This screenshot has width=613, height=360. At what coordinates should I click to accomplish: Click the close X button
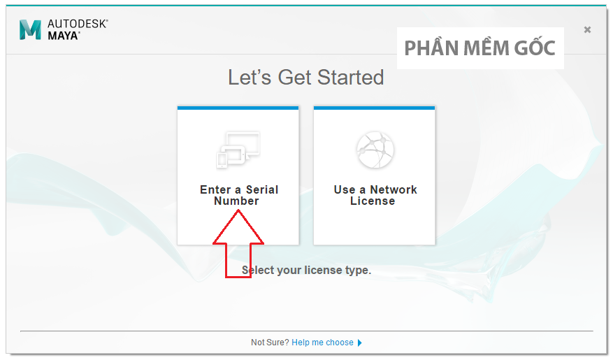(x=587, y=29)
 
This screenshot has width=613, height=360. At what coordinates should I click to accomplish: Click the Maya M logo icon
(x=30, y=29)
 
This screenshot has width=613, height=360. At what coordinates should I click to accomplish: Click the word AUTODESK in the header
(x=77, y=24)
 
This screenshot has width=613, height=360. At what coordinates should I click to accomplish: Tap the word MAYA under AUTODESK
(x=64, y=36)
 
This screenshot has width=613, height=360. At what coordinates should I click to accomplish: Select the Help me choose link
(x=322, y=343)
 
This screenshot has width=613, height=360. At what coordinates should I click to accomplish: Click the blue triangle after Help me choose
(x=360, y=343)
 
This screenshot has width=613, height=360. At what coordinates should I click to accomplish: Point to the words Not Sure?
(x=270, y=343)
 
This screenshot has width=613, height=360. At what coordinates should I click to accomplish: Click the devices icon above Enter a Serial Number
(x=238, y=150)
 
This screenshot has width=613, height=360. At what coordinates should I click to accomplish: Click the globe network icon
(x=375, y=150)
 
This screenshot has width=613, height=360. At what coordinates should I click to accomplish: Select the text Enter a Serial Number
(x=239, y=195)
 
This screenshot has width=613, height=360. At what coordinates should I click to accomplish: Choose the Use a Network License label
(x=375, y=195)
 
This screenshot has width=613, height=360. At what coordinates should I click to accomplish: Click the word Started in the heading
(x=350, y=78)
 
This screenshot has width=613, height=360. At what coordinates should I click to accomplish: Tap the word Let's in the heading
(x=250, y=78)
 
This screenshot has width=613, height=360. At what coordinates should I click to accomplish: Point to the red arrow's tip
(x=238, y=210)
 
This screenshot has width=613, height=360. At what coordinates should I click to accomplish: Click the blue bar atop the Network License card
(x=374, y=108)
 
